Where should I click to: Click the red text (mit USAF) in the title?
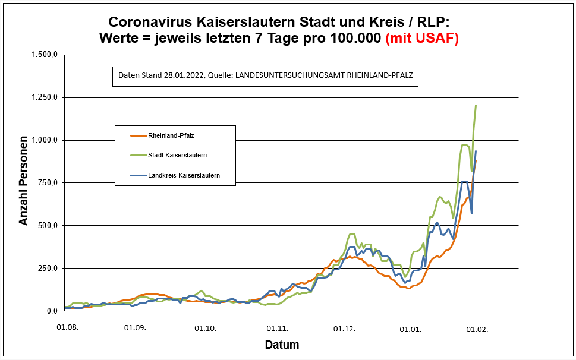pyautogui.click(x=422, y=38)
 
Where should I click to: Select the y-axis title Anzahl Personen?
pyautogui.click(x=24, y=182)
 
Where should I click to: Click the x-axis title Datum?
pyautogui.click(x=282, y=345)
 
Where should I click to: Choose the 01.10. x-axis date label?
pyautogui.click(x=205, y=327)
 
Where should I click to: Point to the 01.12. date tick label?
pyautogui.click(x=344, y=327)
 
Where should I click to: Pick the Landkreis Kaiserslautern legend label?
pyautogui.click(x=183, y=175)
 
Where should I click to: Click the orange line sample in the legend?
pyautogui.click(x=138, y=136)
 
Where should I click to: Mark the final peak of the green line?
pyautogui.click(x=476, y=106)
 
